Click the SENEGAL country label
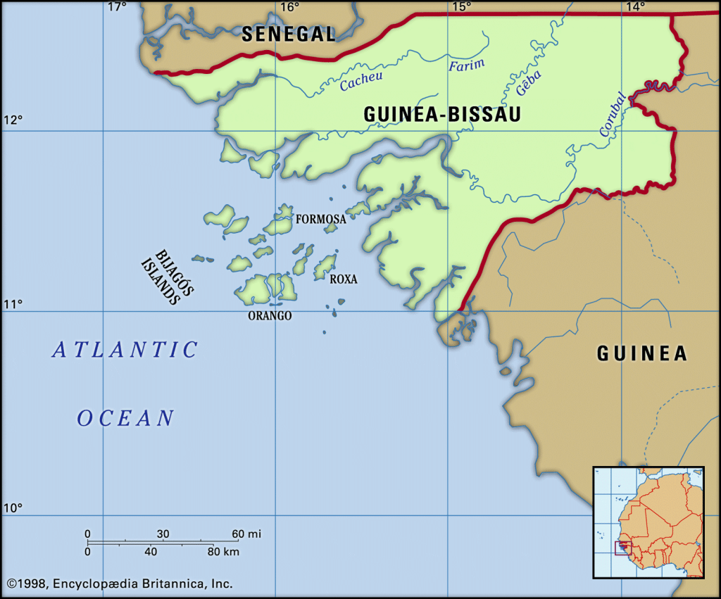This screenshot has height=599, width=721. (x=289, y=33)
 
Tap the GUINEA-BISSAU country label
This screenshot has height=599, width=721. (x=442, y=115)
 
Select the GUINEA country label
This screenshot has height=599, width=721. (x=641, y=353)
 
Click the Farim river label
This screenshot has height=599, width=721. (x=467, y=65)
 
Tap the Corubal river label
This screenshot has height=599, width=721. (x=612, y=115)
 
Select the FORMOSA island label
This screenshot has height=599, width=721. (x=320, y=220)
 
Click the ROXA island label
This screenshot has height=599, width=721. (x=344, y=279)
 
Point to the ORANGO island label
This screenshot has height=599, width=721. (x=270, y=316)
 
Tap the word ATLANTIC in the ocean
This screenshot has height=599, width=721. (x=125, y=350)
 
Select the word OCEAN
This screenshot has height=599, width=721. (x=125, y=418)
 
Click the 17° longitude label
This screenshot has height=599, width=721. (x=117, y=7)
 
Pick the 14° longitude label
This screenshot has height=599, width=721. (x=635, y=7)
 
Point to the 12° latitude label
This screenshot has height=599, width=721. (x=13, y=119)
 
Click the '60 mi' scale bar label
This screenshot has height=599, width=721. (x=246, y=534)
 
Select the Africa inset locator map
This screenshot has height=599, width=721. (x=648, y=522)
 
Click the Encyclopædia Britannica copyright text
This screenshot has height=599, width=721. (x=120, y=584)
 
